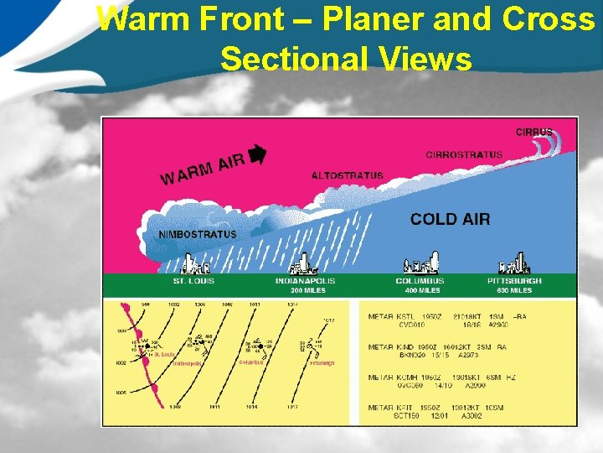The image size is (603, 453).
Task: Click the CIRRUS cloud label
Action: coord(533,132)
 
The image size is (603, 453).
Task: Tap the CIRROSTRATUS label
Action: coord(464,154)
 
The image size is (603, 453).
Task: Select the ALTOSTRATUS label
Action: coord(347,175)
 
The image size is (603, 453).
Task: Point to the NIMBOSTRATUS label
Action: coord(198,235)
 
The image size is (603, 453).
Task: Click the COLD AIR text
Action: coord(451,219)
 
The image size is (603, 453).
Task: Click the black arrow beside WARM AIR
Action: coord(257,154)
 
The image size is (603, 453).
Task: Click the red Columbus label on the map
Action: coord(252,362)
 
